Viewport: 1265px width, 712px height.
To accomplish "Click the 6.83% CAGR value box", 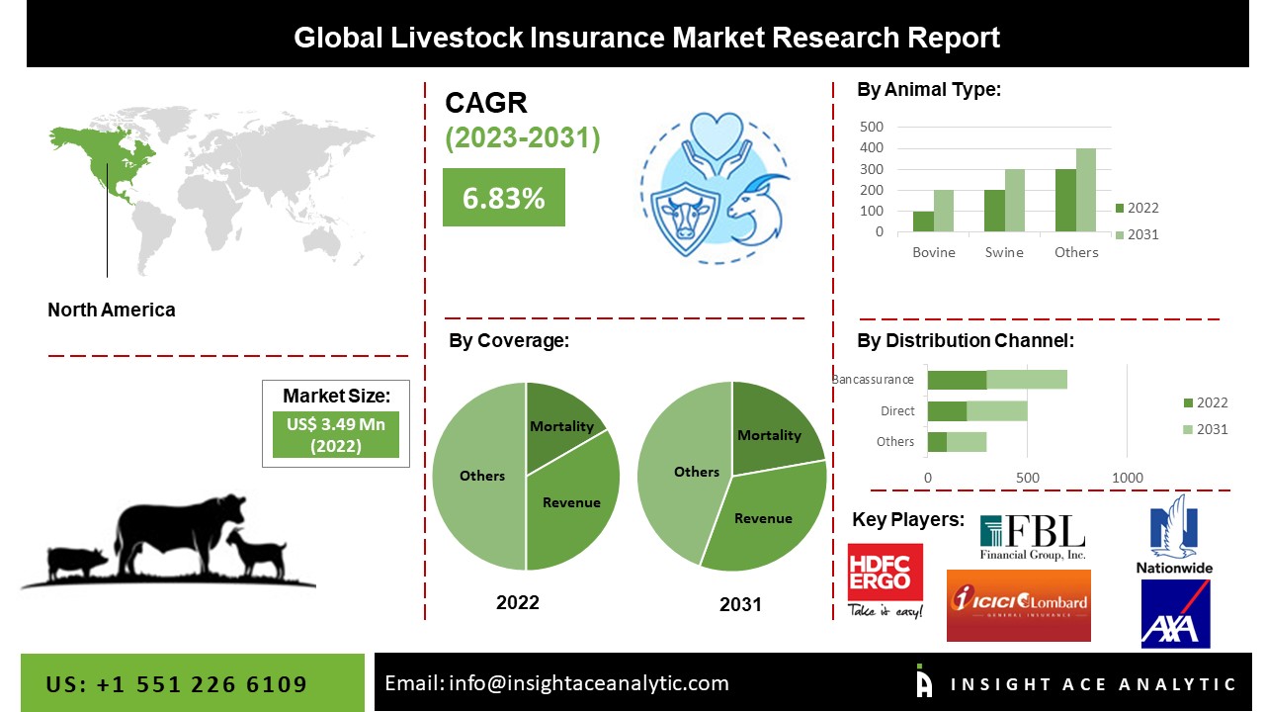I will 503,198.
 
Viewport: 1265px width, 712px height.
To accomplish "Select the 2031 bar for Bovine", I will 944,211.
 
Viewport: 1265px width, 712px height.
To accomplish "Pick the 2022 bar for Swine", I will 995,211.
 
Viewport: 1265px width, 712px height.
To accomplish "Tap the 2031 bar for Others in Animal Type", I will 1086,190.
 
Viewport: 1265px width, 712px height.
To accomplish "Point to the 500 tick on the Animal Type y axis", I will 872,127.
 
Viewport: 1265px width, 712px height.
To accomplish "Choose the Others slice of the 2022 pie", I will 479,477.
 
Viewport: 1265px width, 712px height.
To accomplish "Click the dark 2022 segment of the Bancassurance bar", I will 957,380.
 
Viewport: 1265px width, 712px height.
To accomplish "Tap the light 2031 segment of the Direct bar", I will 997,410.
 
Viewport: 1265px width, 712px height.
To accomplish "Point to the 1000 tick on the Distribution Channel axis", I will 1128,478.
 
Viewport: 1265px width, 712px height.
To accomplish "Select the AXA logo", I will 1175,613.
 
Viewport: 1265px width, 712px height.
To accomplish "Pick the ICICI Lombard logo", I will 1018,605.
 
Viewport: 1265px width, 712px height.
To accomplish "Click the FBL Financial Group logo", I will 1032,538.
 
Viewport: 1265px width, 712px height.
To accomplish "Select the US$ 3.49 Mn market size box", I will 335,435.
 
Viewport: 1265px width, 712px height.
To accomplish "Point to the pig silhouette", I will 79,562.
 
